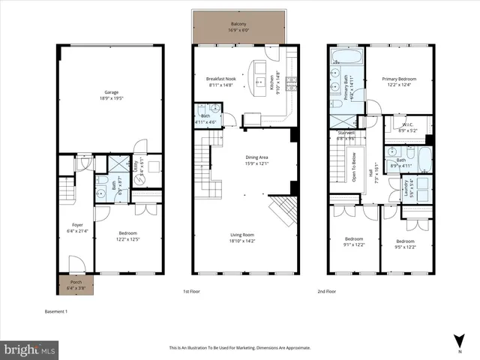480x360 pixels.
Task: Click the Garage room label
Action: click(x=111, y=92)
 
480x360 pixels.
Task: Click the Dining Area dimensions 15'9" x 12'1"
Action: click(x=257, y=163)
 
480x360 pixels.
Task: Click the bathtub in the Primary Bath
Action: click(x=346, y=56)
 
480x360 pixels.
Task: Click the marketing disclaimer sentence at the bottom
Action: click(x=239, y=348)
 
